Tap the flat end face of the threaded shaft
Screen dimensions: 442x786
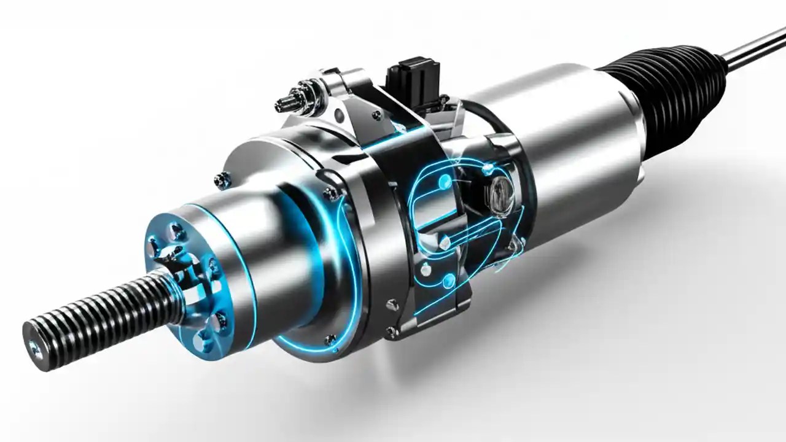tap(36, 347)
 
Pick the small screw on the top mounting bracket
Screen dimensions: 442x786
tap(376, 114)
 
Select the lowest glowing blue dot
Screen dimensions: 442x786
tap(449, 281)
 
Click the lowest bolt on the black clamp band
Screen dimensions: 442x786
tap(391, 331)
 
